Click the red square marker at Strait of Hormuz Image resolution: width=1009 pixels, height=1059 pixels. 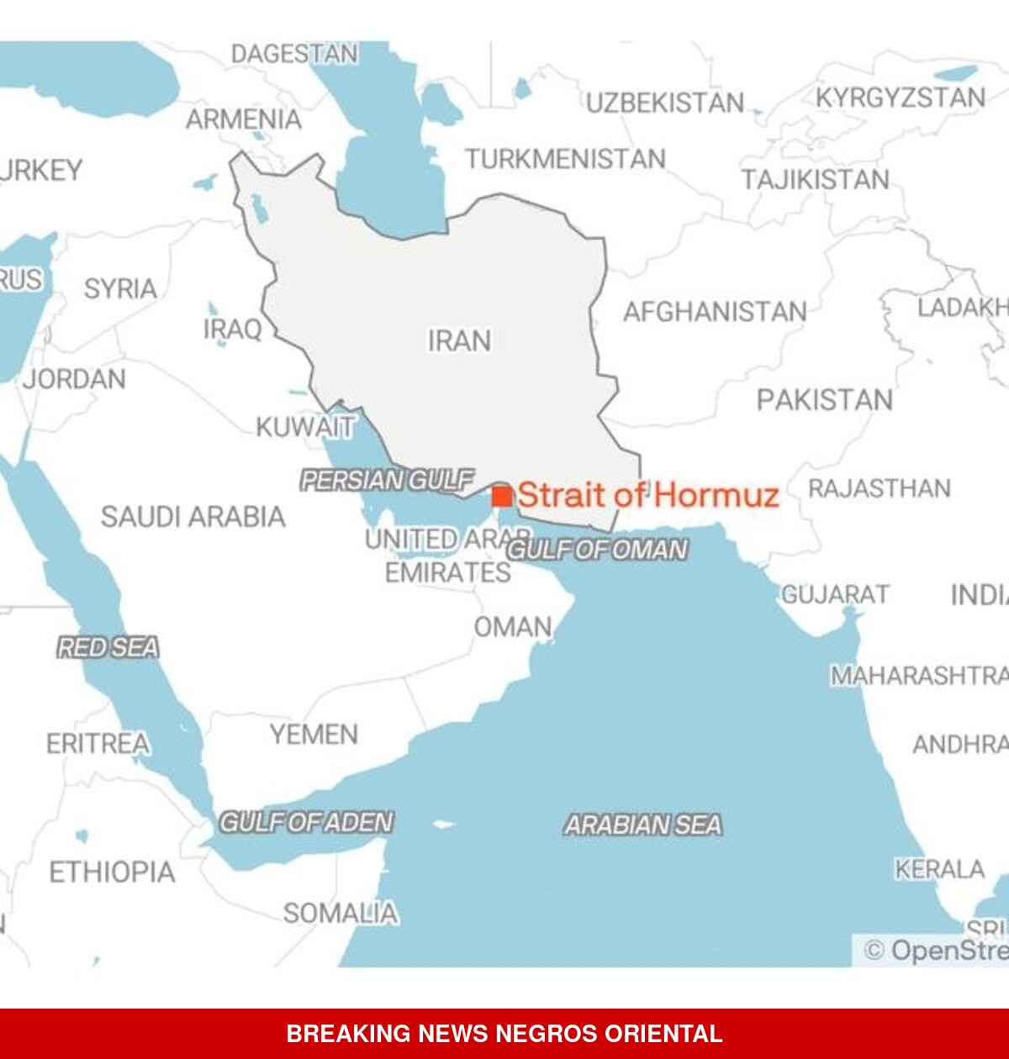502,495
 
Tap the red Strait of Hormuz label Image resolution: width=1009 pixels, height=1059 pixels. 648,495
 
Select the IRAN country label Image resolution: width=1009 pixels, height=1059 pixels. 459,340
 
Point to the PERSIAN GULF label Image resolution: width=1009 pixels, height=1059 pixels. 387,480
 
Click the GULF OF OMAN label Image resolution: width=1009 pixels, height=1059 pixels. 597,550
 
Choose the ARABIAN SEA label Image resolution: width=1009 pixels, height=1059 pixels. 642,825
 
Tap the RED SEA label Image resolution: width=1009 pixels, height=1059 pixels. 108,647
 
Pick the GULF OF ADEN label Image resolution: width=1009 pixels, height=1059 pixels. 306,821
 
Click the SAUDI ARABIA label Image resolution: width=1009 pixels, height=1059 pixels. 193,516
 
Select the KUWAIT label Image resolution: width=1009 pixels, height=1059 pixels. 305,427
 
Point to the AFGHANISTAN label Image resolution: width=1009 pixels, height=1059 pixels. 715,312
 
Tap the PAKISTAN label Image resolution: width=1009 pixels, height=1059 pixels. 824,400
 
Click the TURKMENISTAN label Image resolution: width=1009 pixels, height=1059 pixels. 565,159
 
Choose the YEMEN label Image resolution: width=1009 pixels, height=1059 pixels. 314,734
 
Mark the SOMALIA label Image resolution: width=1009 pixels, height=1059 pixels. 340,913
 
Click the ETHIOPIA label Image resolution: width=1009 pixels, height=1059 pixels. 112,872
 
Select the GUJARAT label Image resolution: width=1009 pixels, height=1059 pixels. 835,594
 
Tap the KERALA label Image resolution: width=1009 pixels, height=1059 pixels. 939,868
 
